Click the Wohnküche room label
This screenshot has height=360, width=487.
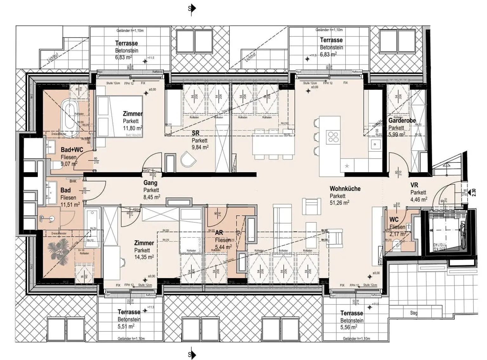[x=345, y=189]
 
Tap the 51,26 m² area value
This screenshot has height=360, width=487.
[x=339, y=203]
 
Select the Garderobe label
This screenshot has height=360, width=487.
[x=402, y=121]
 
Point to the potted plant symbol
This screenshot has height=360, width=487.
[x=60, y=247]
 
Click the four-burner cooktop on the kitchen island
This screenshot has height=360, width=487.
[x=333, y=137]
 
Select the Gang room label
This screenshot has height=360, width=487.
[x=150, y=183]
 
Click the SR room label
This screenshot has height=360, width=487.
[x=196, y=134]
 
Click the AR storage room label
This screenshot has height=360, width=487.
[x=219, y=233]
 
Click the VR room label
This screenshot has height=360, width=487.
[x=414, y=185]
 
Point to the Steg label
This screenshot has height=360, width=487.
[x=414, y=313]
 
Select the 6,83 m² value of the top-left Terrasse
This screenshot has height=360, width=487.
[x=123, y=57]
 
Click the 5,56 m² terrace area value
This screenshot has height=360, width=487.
[x=348, y=327]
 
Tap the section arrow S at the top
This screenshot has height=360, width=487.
[x=192, y=9]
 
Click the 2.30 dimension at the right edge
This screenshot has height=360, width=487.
[x=474, y=193]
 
